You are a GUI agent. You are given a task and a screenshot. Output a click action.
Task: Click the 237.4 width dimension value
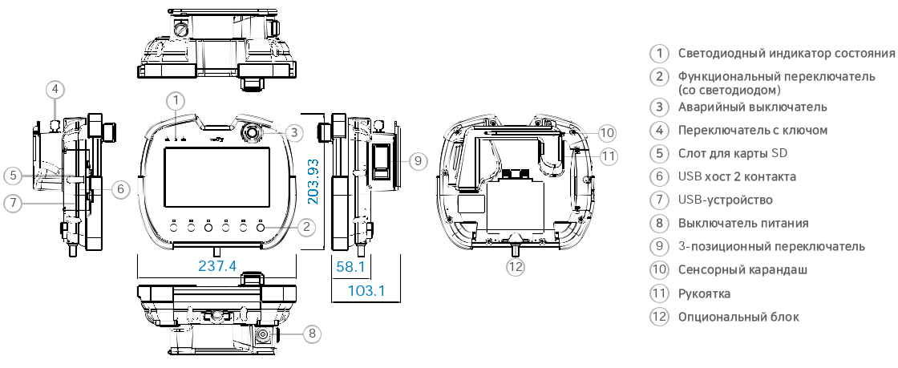(216, 266)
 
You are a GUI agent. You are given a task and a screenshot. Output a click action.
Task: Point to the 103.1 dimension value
(366, 290)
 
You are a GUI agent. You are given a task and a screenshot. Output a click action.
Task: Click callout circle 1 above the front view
(176, 100)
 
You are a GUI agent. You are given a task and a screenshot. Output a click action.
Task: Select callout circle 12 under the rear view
(516, 266)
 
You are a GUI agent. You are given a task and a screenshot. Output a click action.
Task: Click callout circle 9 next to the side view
(415, 160)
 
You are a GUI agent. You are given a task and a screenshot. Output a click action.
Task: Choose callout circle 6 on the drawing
(119, 190)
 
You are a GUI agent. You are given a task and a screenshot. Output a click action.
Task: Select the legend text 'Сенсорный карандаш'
(742, 269)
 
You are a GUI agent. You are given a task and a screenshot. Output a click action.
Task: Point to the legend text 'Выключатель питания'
(743, 223)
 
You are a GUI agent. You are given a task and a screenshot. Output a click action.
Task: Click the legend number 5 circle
(659, 153)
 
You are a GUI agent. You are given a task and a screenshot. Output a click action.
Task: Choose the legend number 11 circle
(659, 293)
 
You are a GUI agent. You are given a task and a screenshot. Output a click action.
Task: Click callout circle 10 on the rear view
(607, 132)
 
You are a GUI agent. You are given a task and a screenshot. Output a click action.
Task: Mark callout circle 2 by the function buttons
(305, 227)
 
